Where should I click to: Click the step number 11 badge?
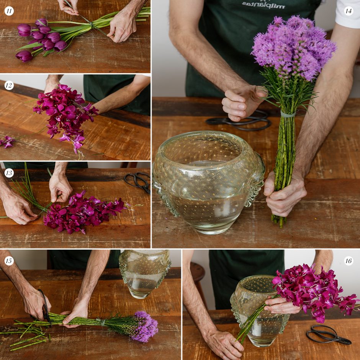9,11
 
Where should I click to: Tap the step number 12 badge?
9,85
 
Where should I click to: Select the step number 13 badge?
9,173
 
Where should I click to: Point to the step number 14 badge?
348,11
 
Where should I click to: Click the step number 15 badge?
9,261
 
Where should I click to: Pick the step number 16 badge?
348,261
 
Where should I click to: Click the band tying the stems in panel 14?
288,114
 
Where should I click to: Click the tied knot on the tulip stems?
92,25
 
